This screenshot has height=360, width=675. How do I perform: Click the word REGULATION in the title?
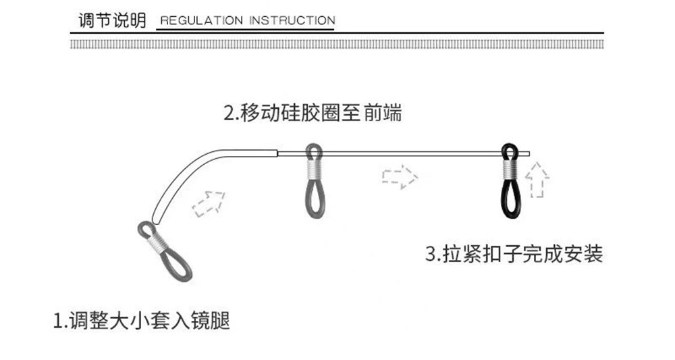[x=201, y=20]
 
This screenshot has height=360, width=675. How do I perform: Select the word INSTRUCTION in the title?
[x=292, y=20]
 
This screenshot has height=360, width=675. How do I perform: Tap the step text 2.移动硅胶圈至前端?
[x=312, y=113]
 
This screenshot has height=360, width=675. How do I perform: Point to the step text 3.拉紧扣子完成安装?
[x=514, y=254]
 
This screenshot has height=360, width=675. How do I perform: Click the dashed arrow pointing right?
[x=400, y=177]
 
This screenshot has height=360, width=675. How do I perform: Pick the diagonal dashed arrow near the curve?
[x=208, y=203]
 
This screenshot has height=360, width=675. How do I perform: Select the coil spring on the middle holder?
[x=315, y=168]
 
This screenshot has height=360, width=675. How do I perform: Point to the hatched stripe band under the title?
[x=337, y=44]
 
